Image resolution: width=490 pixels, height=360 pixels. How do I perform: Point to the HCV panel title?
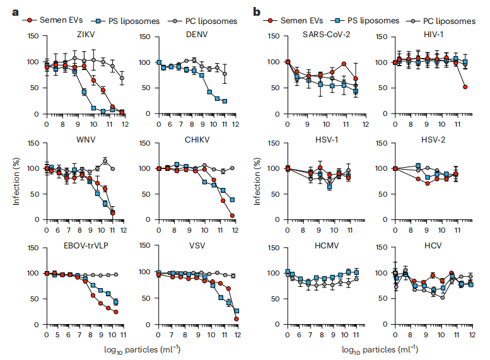[432, 245]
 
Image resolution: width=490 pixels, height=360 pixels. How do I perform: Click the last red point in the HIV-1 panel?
[465, 87]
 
